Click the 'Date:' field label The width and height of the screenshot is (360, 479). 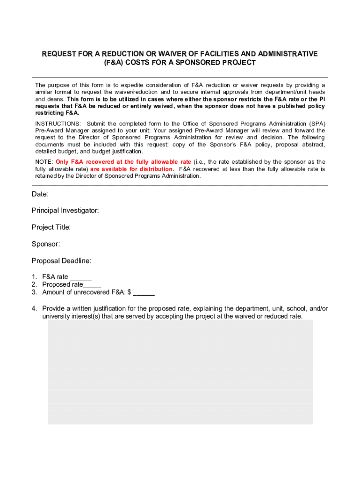40,194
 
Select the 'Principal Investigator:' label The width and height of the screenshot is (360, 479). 65,210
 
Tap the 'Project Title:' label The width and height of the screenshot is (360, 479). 51,227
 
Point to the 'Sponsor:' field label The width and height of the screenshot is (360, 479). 46,244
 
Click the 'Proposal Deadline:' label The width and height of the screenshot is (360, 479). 62,261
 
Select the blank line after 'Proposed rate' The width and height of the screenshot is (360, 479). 93,285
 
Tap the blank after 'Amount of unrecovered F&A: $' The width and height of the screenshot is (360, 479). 145,293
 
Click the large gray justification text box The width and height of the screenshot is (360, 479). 180,372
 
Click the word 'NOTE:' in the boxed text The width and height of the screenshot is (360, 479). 44,162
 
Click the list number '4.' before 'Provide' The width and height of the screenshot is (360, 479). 35,309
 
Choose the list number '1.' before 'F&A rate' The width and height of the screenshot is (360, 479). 35,277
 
